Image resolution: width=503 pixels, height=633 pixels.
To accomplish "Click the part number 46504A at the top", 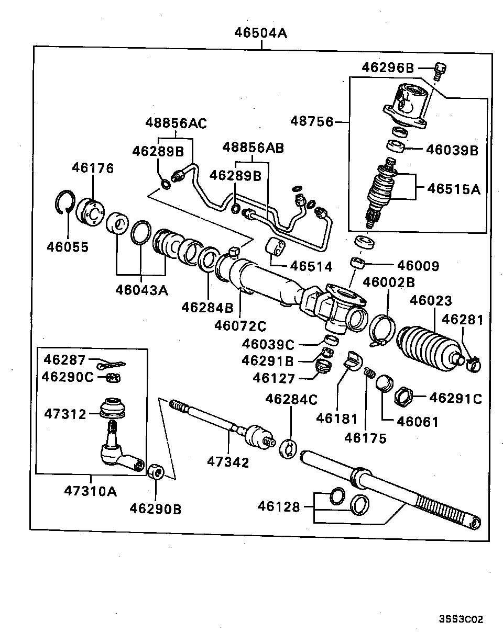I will tap(260, 33).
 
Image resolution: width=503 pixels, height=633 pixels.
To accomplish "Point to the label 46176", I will tap(93, 168).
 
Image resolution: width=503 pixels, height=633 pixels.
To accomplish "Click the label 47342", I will tap(228, 462).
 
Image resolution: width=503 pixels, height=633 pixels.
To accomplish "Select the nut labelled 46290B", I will tap(156, 471).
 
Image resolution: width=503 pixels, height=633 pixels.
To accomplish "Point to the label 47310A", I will tap(91, 491).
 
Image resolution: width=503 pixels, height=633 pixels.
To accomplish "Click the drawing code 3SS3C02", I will tap(461, 619).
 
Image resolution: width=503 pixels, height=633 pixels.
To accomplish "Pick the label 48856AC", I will tap(176, 123).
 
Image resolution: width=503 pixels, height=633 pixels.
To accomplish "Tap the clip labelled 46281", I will tap(473, 363).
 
